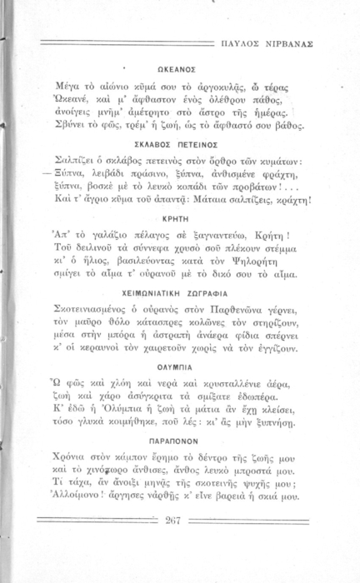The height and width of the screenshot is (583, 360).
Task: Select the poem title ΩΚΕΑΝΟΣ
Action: pyautogui.click(x=176, y=71)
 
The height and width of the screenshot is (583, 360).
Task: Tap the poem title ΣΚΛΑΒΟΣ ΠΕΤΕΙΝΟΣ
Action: pyautogui.click(x=176, y=144)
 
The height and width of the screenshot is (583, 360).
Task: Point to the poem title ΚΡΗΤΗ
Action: pyautogui.click(x=176, y=230)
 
